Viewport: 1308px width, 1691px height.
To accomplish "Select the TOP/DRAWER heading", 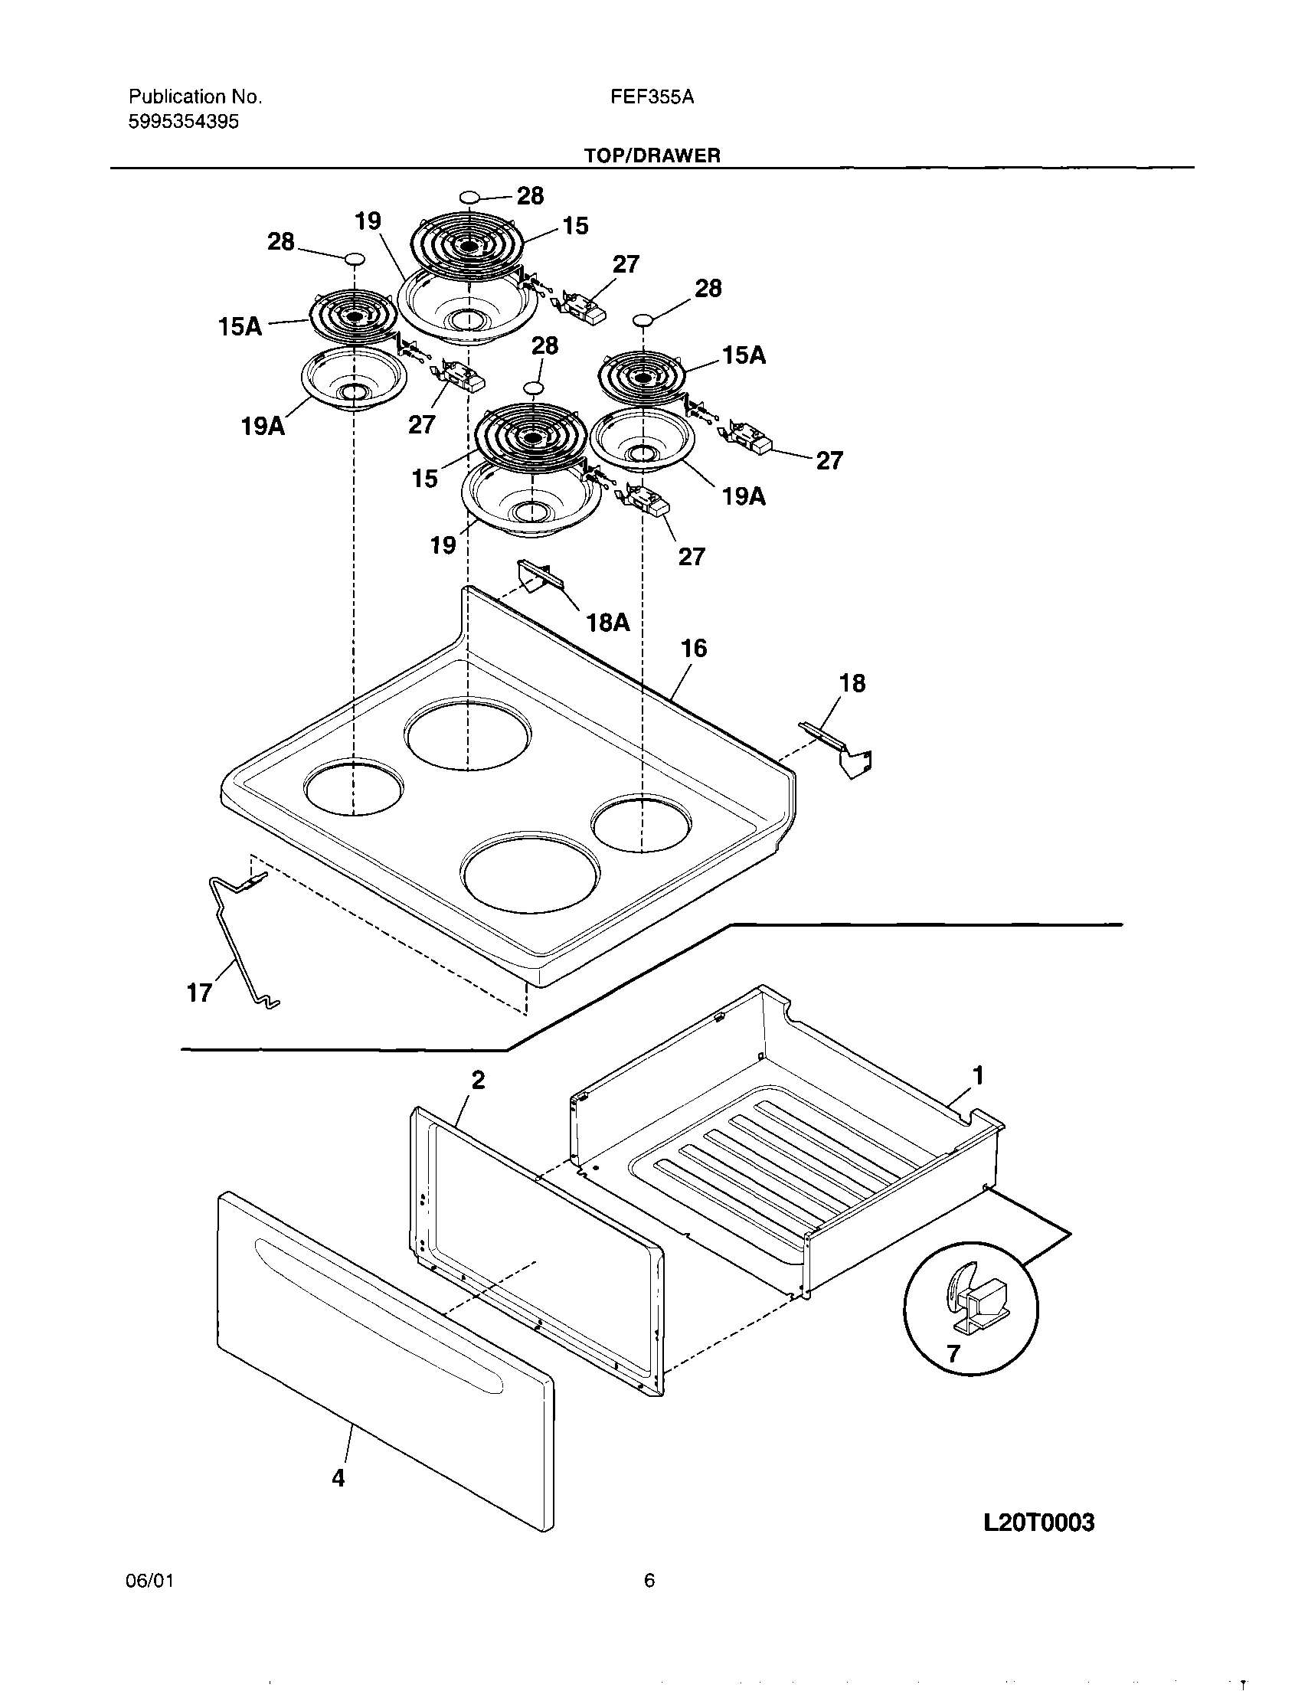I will (652, 155).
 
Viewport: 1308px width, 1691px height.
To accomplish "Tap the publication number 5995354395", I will (184, 122).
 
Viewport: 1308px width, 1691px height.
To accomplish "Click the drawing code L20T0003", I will (1039, 1523).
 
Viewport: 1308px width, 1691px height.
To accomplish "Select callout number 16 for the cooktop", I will (694, 648).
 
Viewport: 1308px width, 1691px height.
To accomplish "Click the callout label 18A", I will (608, 622).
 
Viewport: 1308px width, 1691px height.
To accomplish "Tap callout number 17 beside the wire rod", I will (199, 992).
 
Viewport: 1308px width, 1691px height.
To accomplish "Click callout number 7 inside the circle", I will (953, 1352).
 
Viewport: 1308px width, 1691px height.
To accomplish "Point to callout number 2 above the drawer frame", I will (478, 1080).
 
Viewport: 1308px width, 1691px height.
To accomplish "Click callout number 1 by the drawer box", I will (978, 1075).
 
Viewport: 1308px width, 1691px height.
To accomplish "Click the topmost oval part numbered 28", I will (468, 198).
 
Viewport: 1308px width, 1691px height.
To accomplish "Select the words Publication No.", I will (195, 96).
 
